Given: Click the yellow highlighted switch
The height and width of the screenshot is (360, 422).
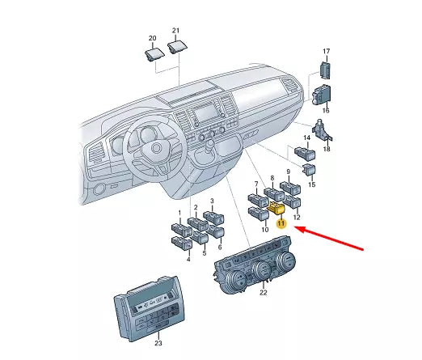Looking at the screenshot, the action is (x=276, y=208).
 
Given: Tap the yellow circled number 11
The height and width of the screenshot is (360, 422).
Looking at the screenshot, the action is (x=281, y=223).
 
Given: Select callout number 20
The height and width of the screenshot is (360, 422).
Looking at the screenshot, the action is (x=152, y=38).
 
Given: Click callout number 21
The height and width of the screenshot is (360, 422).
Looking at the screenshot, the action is (x=175, y=31).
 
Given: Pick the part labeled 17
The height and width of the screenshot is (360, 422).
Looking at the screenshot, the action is (x=325, y=70).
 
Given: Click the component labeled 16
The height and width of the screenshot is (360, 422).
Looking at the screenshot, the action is (x=321, y=95).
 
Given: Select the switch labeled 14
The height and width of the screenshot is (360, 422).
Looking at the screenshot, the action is (x=305, y=153).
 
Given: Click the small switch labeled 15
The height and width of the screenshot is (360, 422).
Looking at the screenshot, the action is (x=310, y=169).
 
